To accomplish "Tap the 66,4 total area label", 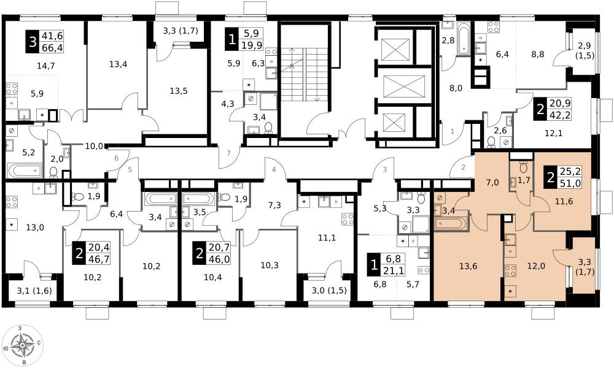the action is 55,48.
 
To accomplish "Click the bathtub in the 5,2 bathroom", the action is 25,171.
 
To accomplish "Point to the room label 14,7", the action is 45,66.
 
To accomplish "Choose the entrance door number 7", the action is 229,153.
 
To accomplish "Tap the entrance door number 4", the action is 274,170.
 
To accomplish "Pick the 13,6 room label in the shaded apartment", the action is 468,266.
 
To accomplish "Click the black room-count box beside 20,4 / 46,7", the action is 79,253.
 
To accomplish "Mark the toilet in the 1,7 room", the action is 523,167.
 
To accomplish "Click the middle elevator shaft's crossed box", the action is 404,86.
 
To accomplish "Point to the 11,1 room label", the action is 327,238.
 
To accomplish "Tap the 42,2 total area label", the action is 562,115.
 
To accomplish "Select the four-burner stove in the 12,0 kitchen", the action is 510,270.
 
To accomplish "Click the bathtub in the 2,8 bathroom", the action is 463,39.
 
